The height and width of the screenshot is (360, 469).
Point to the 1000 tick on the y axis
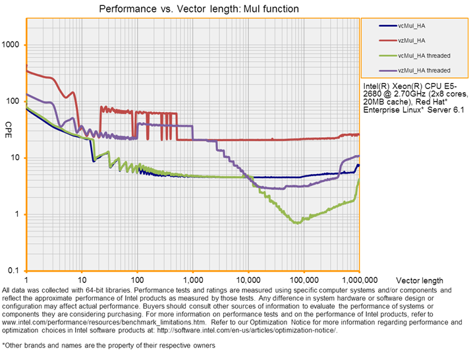click(13, 45)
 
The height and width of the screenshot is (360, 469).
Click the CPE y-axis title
click(9, 125)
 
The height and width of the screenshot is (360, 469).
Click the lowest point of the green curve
click(298, 223)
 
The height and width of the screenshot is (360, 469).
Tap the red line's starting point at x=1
click(26, 67)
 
